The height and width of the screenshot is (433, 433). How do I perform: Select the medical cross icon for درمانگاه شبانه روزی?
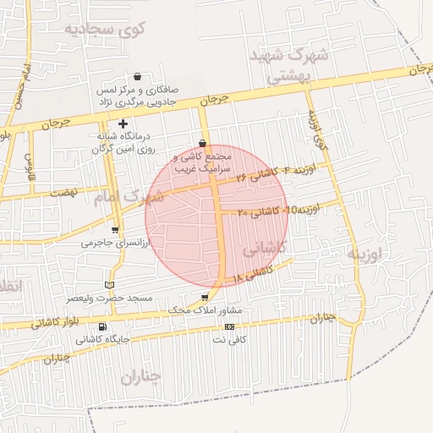click(123, 123)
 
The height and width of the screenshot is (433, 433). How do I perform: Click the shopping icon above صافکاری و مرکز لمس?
click(137, 77)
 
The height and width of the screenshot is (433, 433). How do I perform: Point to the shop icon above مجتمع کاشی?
click(201, 144)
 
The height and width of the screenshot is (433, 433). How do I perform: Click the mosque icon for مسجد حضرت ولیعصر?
click(108, 285)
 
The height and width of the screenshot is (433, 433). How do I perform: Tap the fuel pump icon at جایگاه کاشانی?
click(102, 327)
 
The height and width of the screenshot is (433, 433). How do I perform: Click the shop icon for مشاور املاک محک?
click(205, 298)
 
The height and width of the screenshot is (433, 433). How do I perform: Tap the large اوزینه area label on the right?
click(364, 253)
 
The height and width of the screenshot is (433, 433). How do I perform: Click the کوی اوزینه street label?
click(316, 127)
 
